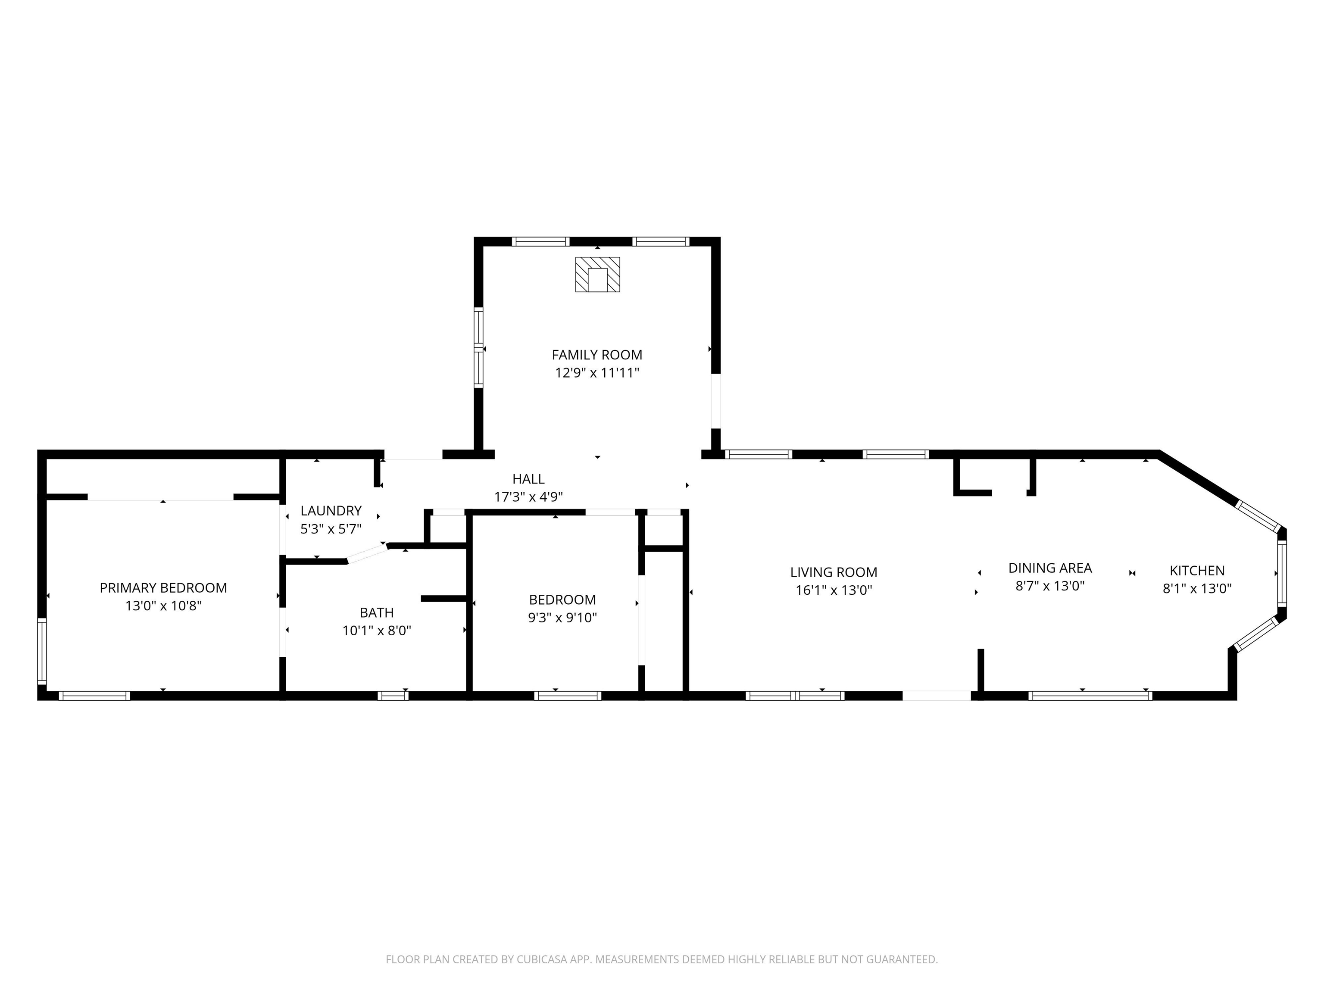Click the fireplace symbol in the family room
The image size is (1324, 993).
tap(597, 275)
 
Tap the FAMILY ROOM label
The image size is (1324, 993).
tap(597, 355)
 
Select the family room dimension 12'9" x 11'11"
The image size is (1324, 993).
tap(597, 373)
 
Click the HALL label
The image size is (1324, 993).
tap(528, 479)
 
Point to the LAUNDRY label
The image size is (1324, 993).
tap(331, 511)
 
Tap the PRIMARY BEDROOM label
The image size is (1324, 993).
tap(163, 588)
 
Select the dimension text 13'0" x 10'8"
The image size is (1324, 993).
tap(163, 606)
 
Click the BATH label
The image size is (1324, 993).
tap(377, 612)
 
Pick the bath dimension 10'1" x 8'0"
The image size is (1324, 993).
tap(377, 630)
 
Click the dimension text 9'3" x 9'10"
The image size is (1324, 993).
tap(562, 618)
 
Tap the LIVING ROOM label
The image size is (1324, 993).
tap(834, 572)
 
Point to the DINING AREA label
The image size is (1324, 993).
tap(1050, 568)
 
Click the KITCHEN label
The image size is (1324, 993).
tap(1197, 571)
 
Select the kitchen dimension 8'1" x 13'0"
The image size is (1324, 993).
tap(1197, 588)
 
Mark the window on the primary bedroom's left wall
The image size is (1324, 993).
tap(42, 651)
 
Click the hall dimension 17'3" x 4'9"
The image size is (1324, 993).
tap(528, 497)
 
